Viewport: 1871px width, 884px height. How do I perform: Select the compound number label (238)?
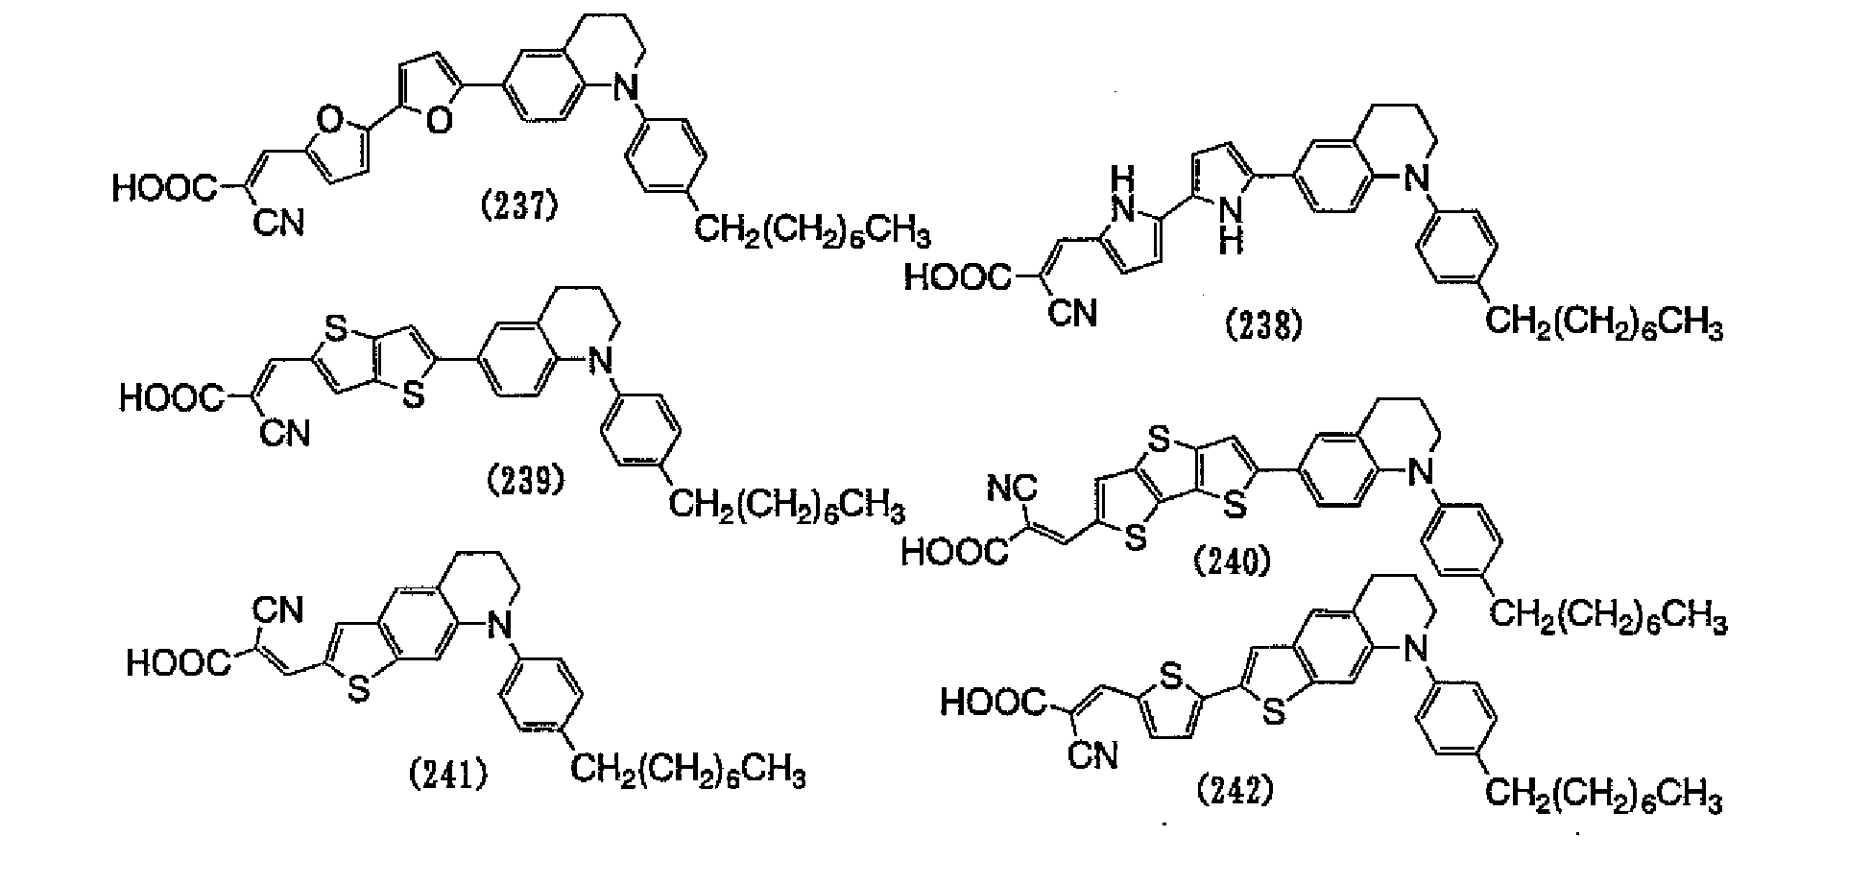point(1265,326)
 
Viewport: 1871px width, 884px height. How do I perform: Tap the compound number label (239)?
point(525,480)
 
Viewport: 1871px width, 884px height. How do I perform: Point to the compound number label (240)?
point(1232,560)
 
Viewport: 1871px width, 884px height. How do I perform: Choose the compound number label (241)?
point(446,775)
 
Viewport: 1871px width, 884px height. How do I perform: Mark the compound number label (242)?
point(1237,791)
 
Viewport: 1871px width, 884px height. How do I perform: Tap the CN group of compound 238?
point(1072,314)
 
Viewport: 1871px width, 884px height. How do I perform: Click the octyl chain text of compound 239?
point(786,504)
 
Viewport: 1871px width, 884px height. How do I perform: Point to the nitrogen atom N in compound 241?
point(496,627)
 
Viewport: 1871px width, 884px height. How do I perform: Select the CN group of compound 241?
point(278,609)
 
